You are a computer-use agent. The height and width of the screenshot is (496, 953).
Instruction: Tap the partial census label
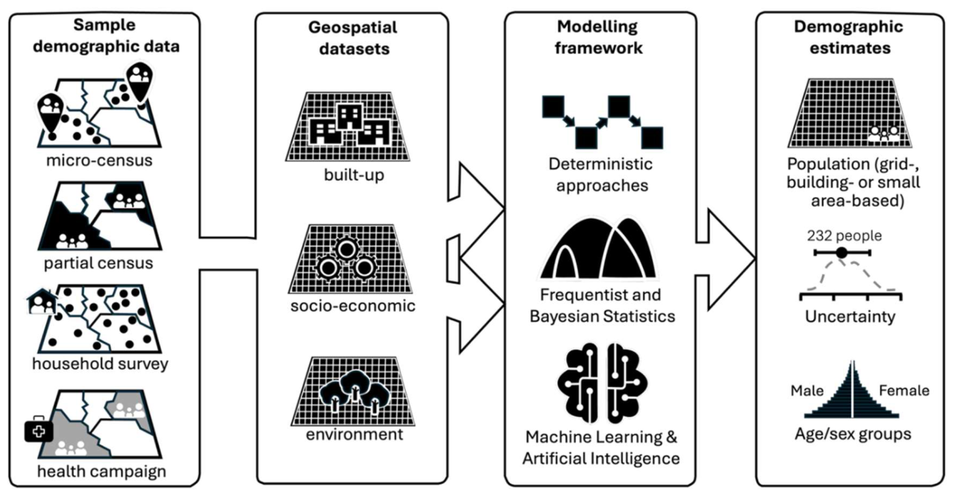[99, 263]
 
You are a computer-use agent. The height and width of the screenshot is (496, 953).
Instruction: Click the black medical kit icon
[38, 430]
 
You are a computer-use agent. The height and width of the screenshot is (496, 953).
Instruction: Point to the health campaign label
[102, 471]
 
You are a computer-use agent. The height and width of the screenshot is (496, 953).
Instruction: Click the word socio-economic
[352, 305]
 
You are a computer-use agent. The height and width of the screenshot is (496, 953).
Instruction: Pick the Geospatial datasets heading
[352, 37]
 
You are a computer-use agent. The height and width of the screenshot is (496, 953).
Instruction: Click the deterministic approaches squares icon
[601, 122]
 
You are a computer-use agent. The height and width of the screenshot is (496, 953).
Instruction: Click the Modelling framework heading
[598, 37]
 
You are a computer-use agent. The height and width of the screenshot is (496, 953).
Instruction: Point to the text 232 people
[844, 236]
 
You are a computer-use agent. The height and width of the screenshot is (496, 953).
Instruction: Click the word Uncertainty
[850, 317]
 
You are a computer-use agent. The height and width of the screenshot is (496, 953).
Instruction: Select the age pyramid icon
[853, 389]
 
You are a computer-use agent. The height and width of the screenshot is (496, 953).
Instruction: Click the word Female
[904, 390]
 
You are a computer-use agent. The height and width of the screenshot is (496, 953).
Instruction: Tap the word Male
[807, 390]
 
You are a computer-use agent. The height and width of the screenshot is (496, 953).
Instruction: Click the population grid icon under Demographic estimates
[850, 113]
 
